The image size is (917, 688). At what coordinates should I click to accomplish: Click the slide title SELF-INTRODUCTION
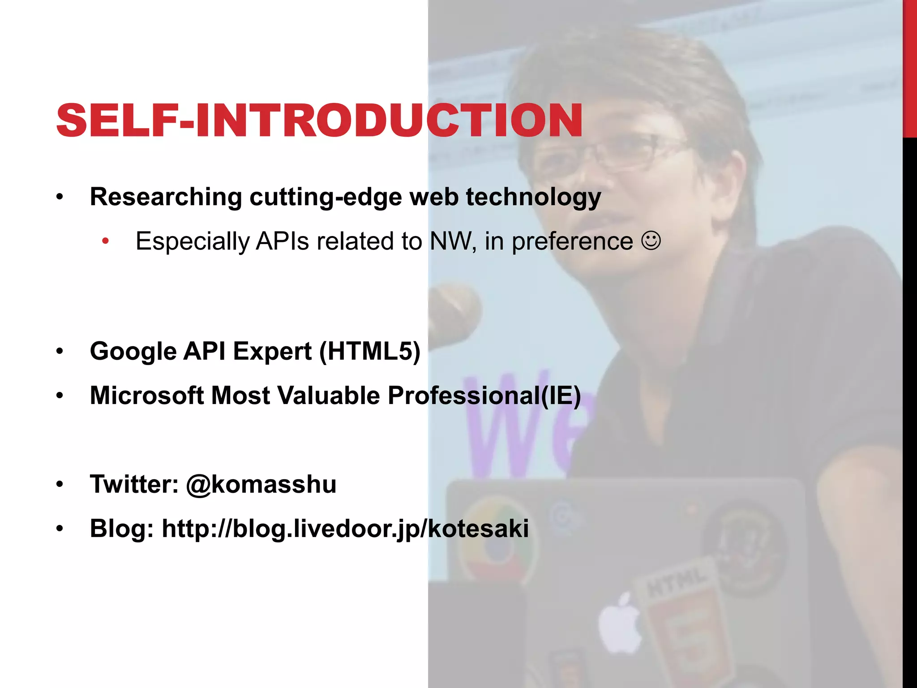(319, 121)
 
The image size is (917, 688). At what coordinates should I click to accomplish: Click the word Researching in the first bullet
(166, 197)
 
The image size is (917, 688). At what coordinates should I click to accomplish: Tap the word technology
(533, 197)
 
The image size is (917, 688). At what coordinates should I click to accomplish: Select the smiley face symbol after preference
(651, 241)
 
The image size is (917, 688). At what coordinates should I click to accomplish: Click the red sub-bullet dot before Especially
(105, 241)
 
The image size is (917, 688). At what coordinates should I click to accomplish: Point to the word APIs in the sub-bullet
(282, 241)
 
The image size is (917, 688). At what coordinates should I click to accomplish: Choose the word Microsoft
(146, 396)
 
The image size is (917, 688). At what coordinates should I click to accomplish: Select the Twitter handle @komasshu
(261, 484)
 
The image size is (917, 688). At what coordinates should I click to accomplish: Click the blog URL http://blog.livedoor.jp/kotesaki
(345, 529)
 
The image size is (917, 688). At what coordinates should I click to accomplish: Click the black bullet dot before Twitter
(60, 485)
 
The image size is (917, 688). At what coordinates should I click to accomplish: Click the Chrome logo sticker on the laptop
(495, 537)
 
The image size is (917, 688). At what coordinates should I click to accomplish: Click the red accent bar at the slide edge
(909, 67)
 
